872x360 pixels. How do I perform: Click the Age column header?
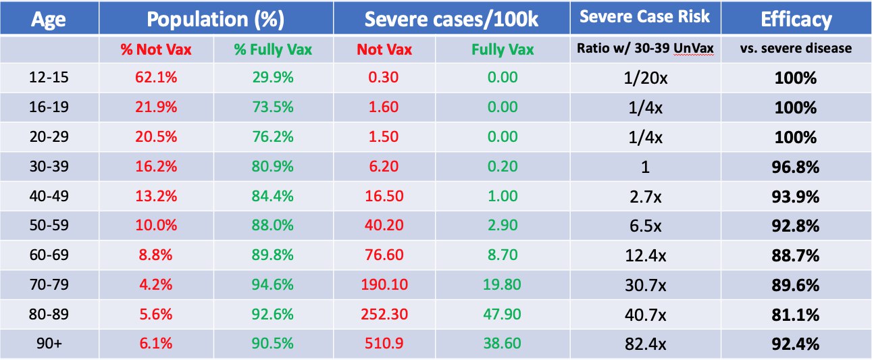point(49,19)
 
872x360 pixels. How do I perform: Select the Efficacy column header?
point(796,19)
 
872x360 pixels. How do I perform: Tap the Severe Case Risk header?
point(644,16)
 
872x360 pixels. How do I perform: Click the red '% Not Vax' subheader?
point(156,49)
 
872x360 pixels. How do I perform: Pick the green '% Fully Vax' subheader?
point(273,49)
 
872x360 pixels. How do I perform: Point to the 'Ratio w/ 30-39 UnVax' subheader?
point(645,48)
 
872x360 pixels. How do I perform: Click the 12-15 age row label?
point(49,77)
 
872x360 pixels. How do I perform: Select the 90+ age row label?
point(49,343)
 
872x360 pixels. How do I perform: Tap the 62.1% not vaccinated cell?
point(156,77)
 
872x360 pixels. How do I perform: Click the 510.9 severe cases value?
point(384,343)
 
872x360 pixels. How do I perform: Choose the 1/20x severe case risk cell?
point(645,78)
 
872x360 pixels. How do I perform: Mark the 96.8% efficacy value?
point(795,167)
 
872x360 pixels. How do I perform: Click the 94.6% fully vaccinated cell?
point(272,284)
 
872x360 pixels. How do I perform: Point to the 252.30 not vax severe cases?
point(384,314)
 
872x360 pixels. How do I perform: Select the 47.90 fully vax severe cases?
point(502,314)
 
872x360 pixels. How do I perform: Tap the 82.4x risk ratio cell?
point(645,344)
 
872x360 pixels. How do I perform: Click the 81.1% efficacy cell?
point(795,315)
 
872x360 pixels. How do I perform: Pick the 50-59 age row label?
point(49,225)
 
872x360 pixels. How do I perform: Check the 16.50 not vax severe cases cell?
point(384,196)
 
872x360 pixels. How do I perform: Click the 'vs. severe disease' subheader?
point(796,48)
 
